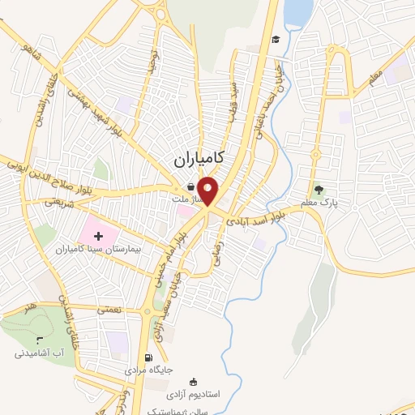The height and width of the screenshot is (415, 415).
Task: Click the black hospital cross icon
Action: click(x=99, y=237)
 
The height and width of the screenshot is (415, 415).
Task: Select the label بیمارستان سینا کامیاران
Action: click(x=104, y=250)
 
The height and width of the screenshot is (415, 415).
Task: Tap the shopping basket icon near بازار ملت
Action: click(x=190, y=186)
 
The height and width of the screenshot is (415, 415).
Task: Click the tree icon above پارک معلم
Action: click(x=319, y=190)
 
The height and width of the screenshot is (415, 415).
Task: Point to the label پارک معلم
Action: click(x=339, y=203)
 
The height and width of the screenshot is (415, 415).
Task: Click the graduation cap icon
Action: click(x=276, y=39)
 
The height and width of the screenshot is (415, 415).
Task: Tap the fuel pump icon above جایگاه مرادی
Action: click(x=148, y=358)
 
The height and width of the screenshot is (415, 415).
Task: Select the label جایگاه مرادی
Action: click(x=148, y=370)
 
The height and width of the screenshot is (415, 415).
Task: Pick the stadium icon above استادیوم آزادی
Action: click(x=193, y=382)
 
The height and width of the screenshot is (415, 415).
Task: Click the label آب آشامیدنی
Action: click(x=38, y=353)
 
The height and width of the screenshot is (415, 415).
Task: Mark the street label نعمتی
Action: click(x=109, y=310)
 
